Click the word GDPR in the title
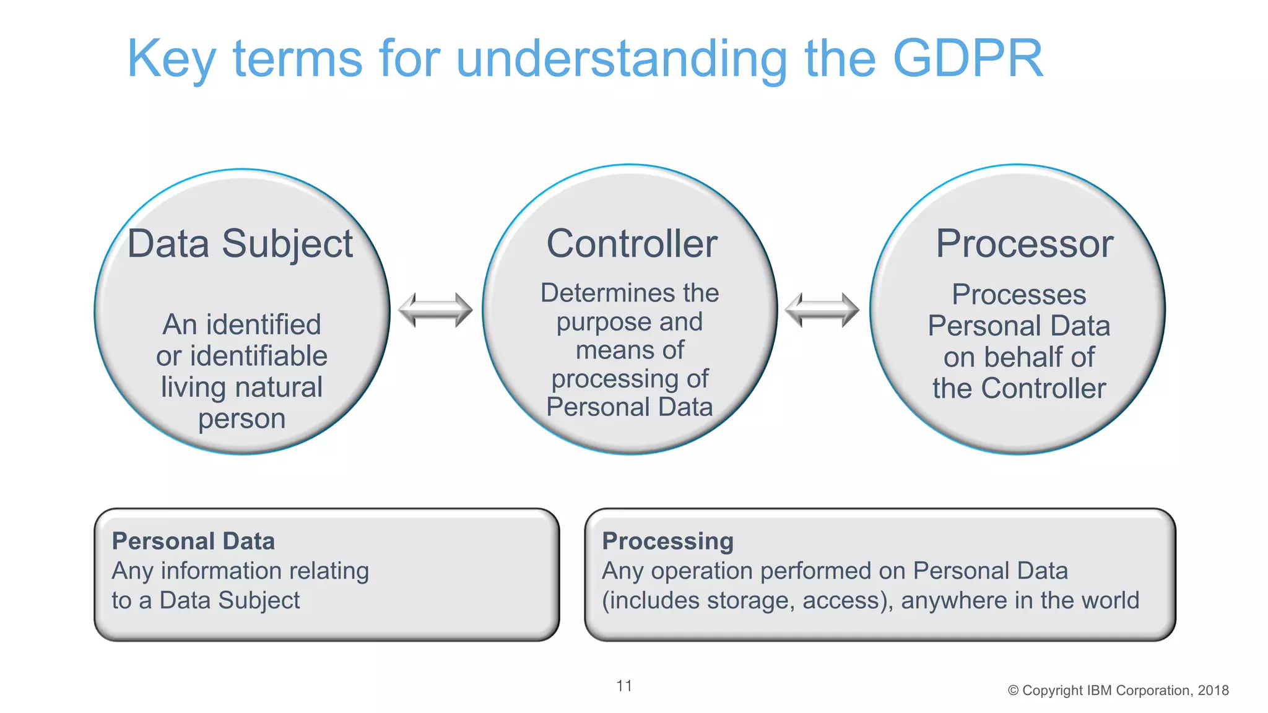(968, 58)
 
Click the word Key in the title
(171, 59)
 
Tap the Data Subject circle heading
(240, 244)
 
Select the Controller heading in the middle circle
(632, 244)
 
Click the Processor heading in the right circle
(1024, 244)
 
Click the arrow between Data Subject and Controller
(435, 309)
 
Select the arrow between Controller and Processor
(822, 309)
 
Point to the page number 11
(624, 686)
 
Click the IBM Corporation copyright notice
(1118, 690)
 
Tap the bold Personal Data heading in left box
(193, 541)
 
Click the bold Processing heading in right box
(667, 541)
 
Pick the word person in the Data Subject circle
(241, 419)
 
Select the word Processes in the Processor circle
(1018, 295)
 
